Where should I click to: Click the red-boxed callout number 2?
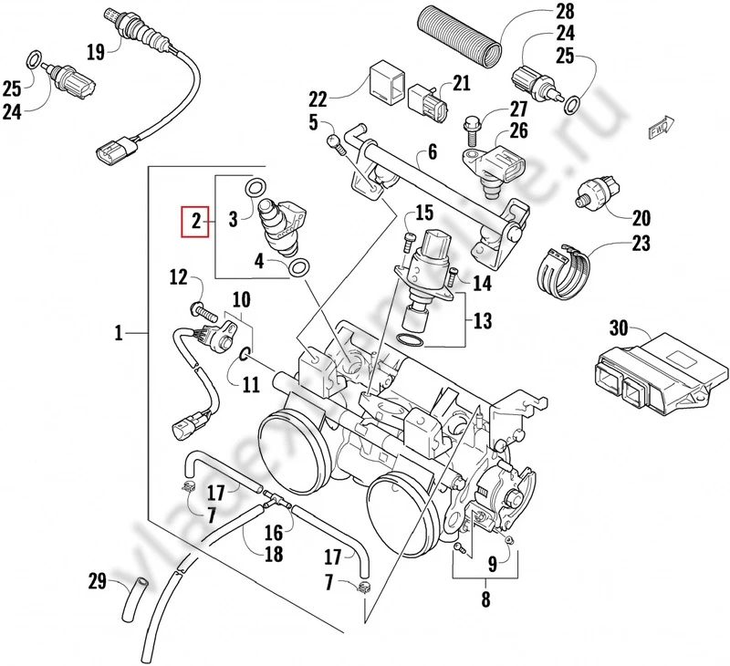[x=193, y=220]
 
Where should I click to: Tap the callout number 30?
[x=617, y=330]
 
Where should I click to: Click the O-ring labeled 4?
[x=297, y=268]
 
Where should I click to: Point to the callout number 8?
[x=485, y=599]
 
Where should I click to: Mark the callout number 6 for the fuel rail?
[x=432, y=151]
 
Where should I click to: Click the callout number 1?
[x=119, y=335]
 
